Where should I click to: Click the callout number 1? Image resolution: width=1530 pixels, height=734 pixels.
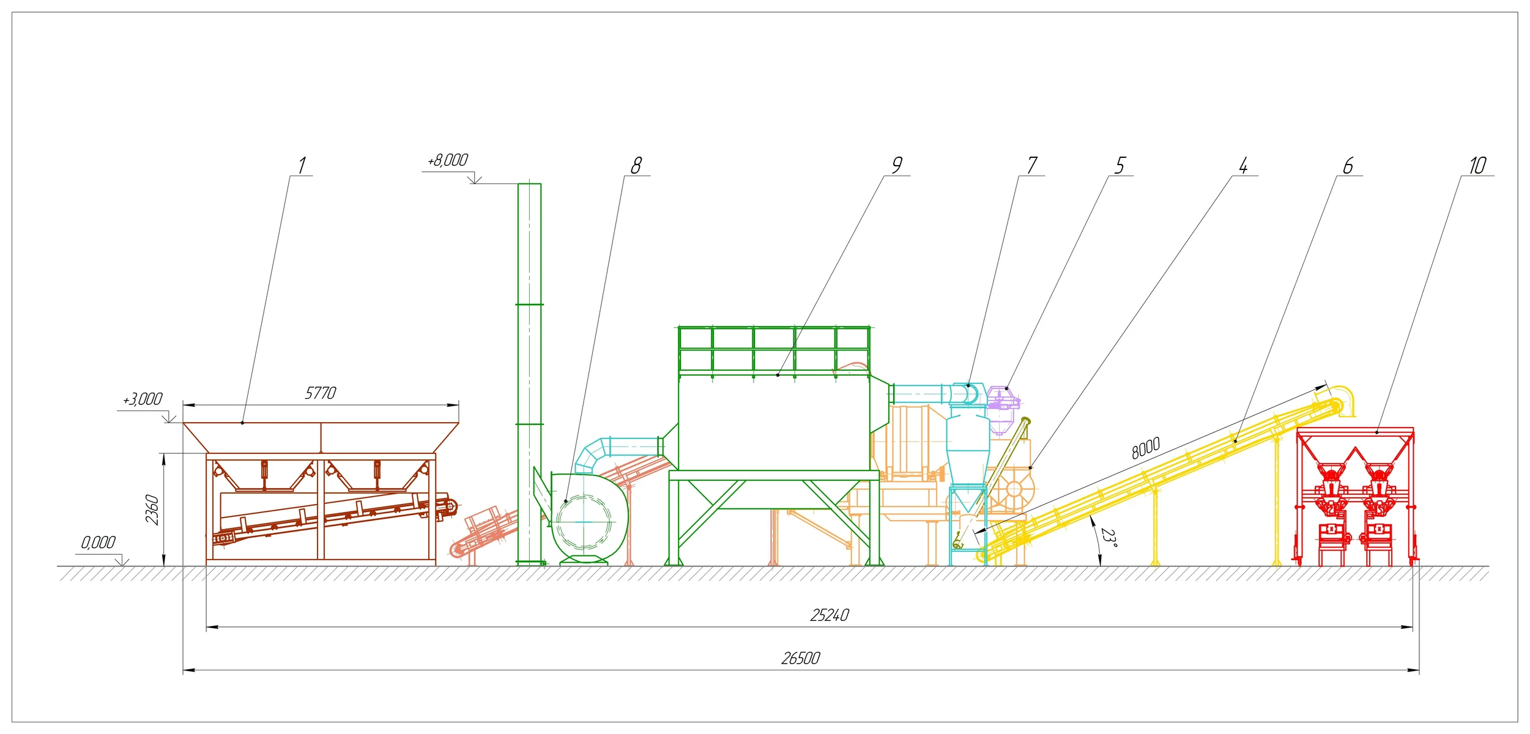(x=302, y=165)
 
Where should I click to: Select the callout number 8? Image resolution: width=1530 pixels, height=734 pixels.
(x=636, y=165)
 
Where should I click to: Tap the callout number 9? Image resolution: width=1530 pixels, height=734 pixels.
(x=897, y=165)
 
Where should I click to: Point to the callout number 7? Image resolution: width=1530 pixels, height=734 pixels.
(x=1032, y=165)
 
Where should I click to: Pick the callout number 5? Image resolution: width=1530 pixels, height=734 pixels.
(x=1120, y=165)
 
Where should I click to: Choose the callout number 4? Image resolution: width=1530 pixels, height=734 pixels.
(x=1243, y=165)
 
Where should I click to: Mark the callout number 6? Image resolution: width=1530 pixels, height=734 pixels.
(x=1348, y=165)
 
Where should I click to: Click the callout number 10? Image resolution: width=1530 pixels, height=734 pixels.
(x=1477, y=165)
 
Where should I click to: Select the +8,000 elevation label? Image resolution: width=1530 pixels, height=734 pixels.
(x=448, y=160)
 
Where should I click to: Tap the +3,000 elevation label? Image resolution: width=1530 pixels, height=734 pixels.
(x=143, y=399)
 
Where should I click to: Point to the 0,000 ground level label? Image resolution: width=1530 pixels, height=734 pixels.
(x=98, y=543)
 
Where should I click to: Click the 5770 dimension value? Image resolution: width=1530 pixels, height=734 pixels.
(x=321, y=393)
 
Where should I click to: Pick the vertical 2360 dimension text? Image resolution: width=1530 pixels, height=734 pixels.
(x=152, y=510)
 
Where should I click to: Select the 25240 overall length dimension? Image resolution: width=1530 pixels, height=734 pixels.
(x=830, y=615)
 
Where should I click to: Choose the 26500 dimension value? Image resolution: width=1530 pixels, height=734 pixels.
(x=801, y=658)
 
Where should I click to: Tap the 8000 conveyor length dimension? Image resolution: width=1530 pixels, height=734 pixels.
(x=1145, y=448)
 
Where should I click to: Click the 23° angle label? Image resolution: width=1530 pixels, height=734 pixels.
(x=1109, y=537)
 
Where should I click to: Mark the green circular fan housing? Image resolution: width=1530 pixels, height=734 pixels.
(x=588, y=517)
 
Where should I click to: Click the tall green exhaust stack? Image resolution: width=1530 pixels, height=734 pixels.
(x=529, y=374)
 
